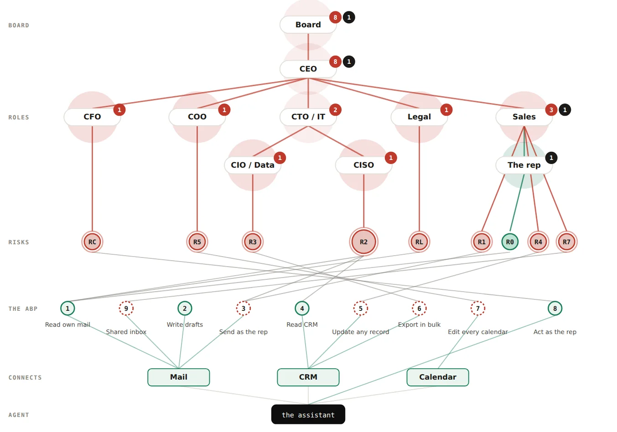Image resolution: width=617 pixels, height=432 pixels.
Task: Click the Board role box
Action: [x=308, y=25]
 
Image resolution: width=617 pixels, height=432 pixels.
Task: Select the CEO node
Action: [x=308, y=69]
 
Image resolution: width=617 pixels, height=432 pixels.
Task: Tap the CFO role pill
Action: [x=92, y=117]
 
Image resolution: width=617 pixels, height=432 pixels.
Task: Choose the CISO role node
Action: [x=363, y=165]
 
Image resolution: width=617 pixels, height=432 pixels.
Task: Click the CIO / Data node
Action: [x=253, y=165]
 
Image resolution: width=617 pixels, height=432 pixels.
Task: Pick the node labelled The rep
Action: [x=524, y=165]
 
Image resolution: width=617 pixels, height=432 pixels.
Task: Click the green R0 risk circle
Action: [x=510, y=242]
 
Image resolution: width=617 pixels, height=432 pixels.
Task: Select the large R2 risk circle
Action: [x=363, y=242]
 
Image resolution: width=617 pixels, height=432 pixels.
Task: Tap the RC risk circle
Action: [x=92, y=242]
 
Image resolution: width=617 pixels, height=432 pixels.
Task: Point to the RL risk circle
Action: [x=419, y=242]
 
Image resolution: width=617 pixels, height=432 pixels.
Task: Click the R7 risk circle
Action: [x=566, y=242]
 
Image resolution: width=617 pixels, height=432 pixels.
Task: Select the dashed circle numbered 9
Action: [x=126, y=309]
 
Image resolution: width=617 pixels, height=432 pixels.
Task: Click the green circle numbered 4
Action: [x=302, y=309]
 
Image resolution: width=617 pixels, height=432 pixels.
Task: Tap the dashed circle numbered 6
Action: [x=419, y=309]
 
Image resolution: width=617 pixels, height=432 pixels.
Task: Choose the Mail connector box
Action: [x=178, y=377]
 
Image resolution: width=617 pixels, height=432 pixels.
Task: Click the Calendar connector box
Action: [x=438, y=377]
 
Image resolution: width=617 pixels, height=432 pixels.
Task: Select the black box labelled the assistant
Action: [x=308, y=414]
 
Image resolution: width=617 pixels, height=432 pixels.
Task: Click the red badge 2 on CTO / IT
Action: [x=335, y=110]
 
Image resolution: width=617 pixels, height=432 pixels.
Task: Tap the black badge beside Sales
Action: [x=565, y=110]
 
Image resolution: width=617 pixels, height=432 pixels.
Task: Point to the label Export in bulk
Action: [x=419, y=324]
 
